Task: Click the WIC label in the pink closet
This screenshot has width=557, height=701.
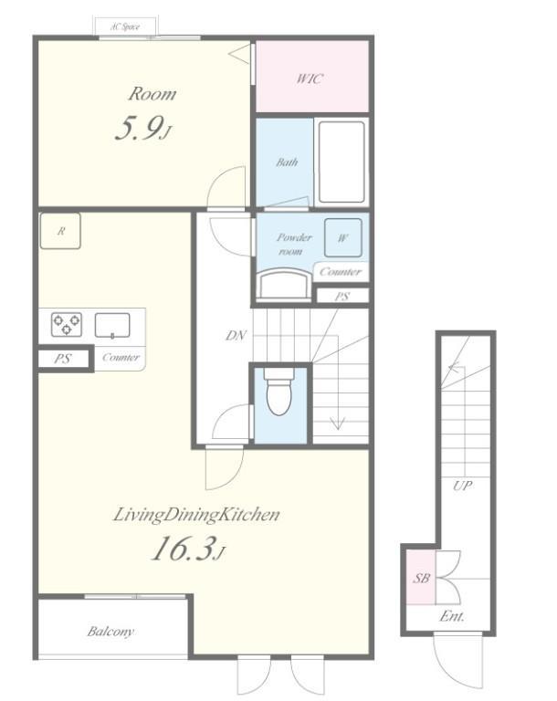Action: click(310, 78)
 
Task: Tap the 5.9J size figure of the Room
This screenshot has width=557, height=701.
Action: click(143, 128)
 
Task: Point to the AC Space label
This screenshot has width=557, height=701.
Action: click(125, 26)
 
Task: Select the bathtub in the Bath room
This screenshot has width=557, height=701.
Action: click(342, 162)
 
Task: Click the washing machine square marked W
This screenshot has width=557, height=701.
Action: click(343, 237)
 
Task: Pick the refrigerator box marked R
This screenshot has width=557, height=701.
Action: click(60, 231)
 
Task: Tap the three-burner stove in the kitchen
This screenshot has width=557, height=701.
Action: click(67, 325)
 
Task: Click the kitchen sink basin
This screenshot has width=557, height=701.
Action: click(112, 325)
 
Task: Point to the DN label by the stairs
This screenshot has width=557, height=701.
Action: click(236, 335)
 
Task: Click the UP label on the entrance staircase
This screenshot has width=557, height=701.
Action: click(462, 486)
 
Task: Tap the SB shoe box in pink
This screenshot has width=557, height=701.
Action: click(421, 578)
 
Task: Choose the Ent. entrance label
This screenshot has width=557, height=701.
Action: click(452, 616)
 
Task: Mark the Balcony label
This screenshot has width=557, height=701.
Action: click(110, 632)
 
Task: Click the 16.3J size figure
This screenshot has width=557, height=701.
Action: click(188, 549)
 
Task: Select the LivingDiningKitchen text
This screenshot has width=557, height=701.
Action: click(197, 515)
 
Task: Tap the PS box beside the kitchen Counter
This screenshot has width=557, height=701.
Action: click(63, 359)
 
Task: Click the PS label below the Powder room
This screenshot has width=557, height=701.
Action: click(342, 296)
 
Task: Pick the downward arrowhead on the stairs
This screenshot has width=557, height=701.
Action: click(337, 423)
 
